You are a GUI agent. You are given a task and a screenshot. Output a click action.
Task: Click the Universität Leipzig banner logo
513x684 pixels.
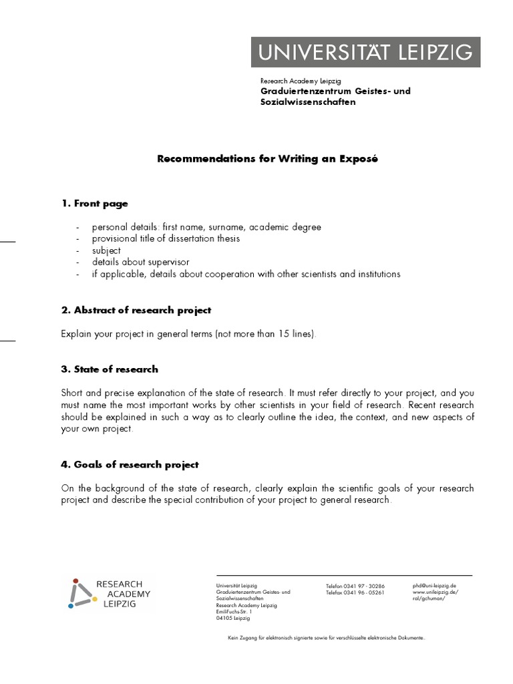365,51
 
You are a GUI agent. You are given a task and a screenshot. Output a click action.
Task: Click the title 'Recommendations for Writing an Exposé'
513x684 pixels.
267,160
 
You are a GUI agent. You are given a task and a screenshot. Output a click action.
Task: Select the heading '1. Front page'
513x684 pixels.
94,203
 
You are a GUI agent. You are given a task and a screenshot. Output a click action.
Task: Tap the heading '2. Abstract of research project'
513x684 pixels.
136,310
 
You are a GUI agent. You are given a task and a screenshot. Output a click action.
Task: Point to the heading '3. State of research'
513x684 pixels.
110,369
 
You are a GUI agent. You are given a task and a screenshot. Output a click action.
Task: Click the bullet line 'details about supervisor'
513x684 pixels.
141,262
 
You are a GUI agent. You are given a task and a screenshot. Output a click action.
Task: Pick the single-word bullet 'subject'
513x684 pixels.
107,250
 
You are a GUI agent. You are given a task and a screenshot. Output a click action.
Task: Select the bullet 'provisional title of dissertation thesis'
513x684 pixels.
166,238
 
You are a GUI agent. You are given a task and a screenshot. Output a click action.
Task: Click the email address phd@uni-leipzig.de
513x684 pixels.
434,585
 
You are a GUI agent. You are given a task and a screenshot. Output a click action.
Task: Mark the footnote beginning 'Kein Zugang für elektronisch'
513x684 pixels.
326,639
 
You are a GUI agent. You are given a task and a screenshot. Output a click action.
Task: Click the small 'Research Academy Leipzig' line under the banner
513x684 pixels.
300,81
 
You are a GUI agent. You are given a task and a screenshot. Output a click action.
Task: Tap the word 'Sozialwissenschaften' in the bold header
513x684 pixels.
308,102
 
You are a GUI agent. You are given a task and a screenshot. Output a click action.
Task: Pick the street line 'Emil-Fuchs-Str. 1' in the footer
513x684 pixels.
234,612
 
